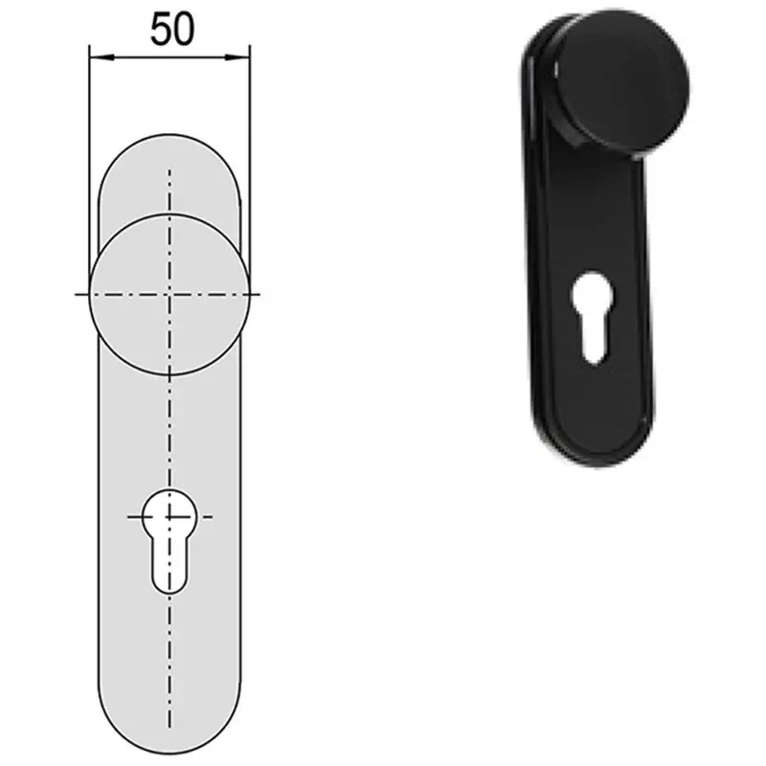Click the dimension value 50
[172, 30]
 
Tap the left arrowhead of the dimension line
[101, 57]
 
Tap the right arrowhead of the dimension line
[237, 57]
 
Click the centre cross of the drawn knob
[169, 295]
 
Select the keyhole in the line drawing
[169, 541]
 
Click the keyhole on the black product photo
[592, 318]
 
